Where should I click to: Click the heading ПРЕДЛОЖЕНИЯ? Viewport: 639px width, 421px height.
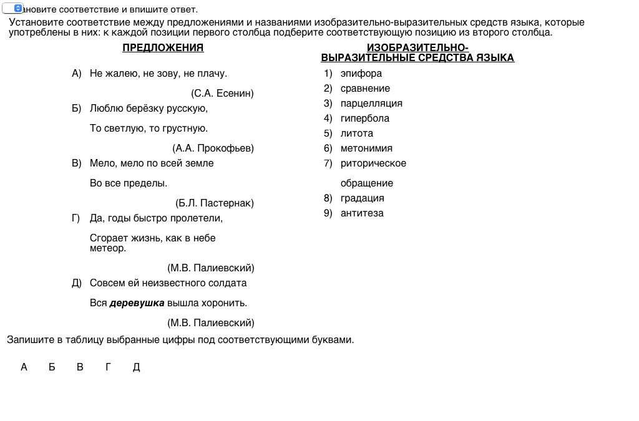(163, 48)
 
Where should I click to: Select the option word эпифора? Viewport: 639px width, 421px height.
(361, 74)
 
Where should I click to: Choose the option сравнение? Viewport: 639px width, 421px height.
(365, 89)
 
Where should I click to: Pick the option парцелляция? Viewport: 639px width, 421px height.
(371, 104)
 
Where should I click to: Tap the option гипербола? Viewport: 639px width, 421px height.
(365, 119)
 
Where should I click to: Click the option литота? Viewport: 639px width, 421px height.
(357, 133)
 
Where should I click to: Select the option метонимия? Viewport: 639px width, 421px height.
(366, 148)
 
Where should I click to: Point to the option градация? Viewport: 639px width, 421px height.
(363, 198)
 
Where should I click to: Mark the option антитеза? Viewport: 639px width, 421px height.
(362, 213)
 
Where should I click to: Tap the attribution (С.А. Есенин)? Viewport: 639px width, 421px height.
(222, 94)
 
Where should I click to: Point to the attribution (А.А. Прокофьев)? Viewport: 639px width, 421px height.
(213, 148)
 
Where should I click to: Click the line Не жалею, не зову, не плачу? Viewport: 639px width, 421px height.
(159, 74)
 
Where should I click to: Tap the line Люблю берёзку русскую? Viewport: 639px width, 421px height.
(149, 109)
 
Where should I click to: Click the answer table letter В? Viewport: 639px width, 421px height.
(80, 367)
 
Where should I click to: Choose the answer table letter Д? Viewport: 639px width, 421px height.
(137, 367)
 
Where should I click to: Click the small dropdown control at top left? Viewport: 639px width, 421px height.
(13, 9)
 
